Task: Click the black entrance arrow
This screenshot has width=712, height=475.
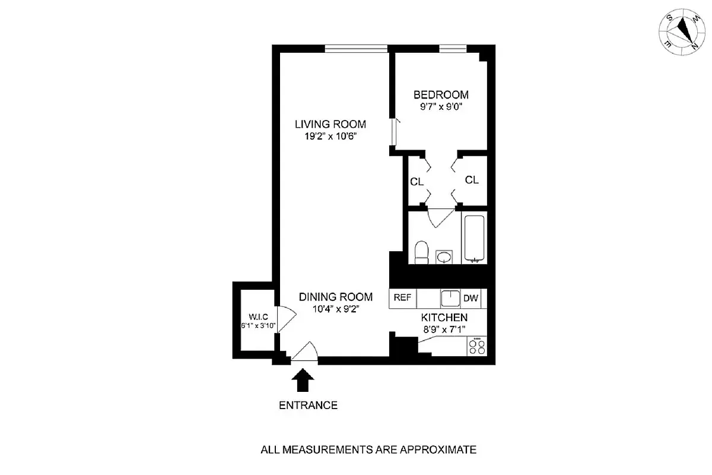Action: (303, 380)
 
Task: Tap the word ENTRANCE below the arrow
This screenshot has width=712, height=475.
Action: (308, 406)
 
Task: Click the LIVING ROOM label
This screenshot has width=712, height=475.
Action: (330, 125)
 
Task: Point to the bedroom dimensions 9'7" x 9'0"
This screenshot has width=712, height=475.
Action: (441, 107)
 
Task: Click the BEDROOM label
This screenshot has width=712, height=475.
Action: (441, 94)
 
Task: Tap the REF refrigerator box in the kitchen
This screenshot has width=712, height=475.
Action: (402, 298)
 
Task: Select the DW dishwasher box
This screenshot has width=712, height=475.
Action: (471, 298)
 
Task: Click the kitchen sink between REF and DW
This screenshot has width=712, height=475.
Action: (450, 298)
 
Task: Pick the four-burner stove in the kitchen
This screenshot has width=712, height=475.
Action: (476, 346)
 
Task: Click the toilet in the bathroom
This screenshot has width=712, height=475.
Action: (422, 252)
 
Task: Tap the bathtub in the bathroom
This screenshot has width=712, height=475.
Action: (474, 239)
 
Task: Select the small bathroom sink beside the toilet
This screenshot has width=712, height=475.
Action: (443, 256)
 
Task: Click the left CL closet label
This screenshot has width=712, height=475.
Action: (417, 182)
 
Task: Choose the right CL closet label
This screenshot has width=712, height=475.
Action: (472, 180)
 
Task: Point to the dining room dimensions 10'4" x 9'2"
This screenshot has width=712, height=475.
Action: (335, 309)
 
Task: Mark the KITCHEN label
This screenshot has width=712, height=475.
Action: (444, 318)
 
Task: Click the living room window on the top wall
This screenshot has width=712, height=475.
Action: (356, 49)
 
